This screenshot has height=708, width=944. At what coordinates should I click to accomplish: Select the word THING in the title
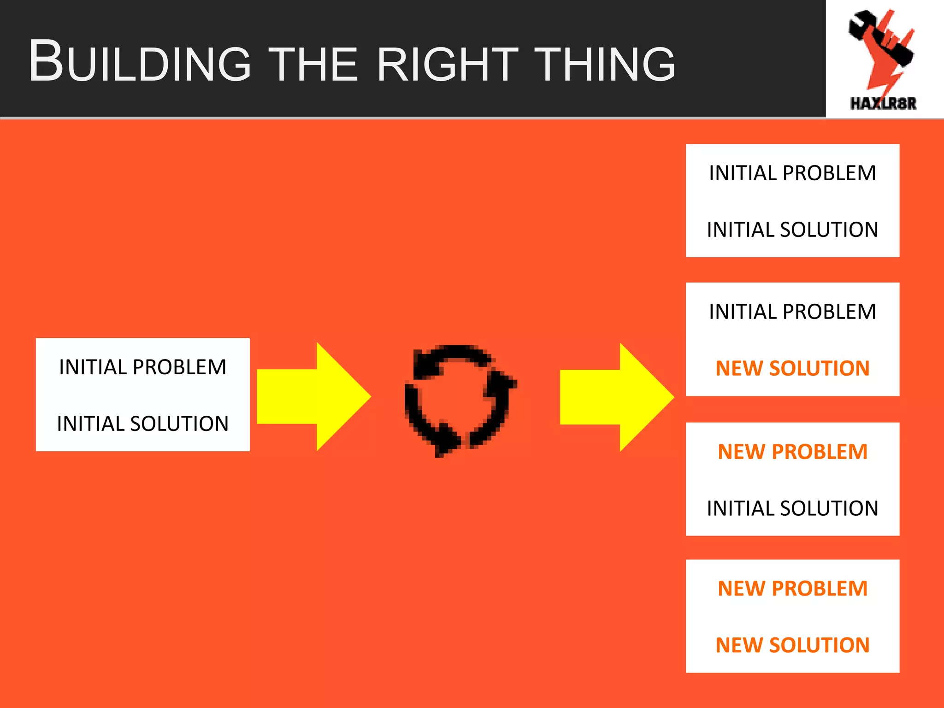coord(607,65)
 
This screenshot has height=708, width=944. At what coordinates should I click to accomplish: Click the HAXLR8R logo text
coord(883,104)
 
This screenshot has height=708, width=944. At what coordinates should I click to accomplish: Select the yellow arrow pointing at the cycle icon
coord(313,396)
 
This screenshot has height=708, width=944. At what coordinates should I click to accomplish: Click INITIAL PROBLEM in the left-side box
coord(143,367)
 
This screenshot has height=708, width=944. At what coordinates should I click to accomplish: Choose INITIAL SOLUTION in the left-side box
coord(143,424)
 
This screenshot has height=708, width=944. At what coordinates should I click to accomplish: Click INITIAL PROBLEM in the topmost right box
coord(792,173)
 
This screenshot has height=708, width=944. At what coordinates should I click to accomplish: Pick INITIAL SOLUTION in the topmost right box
coord(792,230)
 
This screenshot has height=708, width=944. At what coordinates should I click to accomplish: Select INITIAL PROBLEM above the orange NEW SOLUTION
coord(792,312)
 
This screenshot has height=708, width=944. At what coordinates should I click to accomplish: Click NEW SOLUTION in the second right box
coord(792,368)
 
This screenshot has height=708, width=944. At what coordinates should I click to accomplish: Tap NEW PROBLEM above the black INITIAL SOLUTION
coord(792,452)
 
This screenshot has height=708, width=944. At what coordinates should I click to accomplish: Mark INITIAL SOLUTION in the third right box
coord(792,508)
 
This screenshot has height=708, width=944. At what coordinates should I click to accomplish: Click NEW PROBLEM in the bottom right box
coord(792,589)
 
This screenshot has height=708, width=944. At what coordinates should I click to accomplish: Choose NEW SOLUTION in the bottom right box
coord(792,645)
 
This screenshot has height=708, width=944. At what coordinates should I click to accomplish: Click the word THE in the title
coord(313,65)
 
